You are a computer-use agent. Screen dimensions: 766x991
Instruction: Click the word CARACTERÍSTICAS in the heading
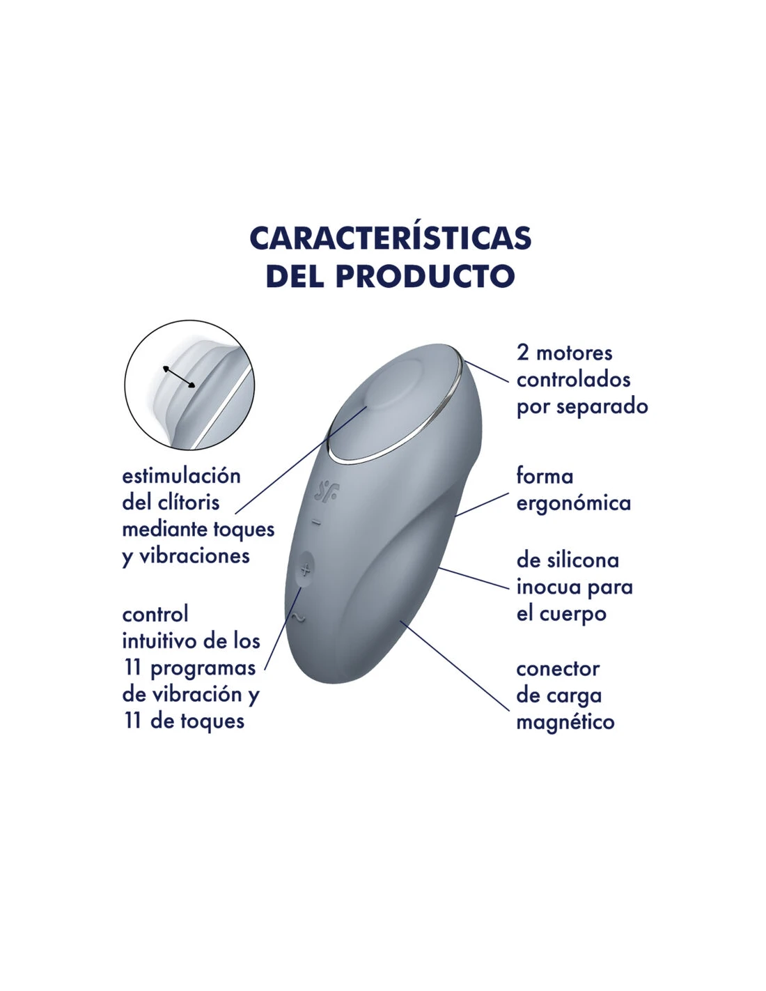coord(391,238)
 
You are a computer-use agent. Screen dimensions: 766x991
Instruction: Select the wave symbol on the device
coord(297,618)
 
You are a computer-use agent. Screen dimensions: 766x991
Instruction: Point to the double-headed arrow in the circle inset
coord(179,377)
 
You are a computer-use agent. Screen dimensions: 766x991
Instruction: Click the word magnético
coord(565,722)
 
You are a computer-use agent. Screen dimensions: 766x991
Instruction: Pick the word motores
coord(574,353)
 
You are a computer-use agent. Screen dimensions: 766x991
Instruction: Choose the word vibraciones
coord(194,556)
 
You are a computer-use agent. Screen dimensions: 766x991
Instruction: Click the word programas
coord(203,669)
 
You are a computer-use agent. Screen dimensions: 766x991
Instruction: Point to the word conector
coord(558,669)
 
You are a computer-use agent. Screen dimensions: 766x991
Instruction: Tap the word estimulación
coord(181,476)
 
